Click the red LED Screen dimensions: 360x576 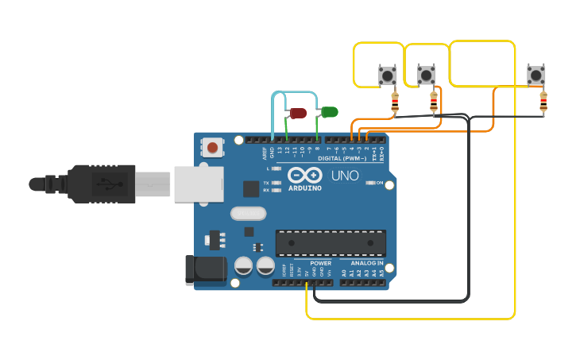point(298,114)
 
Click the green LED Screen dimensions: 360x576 point(330,112)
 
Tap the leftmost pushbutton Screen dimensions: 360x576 point(387,76)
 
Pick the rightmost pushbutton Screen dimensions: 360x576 point(536,75)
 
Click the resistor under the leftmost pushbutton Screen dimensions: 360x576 point(395,103)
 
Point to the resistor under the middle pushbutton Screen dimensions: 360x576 point(434,102)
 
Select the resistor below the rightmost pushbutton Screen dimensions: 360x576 point(543,103)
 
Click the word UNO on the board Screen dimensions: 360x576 point(345,176)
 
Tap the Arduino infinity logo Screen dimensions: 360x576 point(304,176)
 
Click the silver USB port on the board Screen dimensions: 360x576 point(196,184)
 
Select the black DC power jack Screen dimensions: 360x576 point(205,269)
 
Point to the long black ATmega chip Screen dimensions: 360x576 point(331,242)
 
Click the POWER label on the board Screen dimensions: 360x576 point(321,263)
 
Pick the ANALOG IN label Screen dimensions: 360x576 point(361,263)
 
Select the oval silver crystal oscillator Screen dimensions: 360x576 point(248,213)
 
